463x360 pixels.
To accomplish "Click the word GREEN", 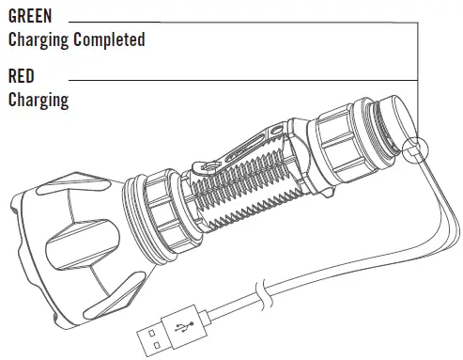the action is [30, 16].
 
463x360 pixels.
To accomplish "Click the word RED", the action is [22, 76].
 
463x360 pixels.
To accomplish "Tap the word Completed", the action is [109, 39].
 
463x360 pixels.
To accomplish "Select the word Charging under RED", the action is [39, 100].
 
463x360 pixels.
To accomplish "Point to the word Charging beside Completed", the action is [39, 40].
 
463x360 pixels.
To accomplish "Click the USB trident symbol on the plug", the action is [184, 326].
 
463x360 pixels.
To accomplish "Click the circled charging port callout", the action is [415, 150].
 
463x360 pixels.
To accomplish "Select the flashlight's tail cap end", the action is [396, 122].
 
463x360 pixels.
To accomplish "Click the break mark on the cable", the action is [265, 294].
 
